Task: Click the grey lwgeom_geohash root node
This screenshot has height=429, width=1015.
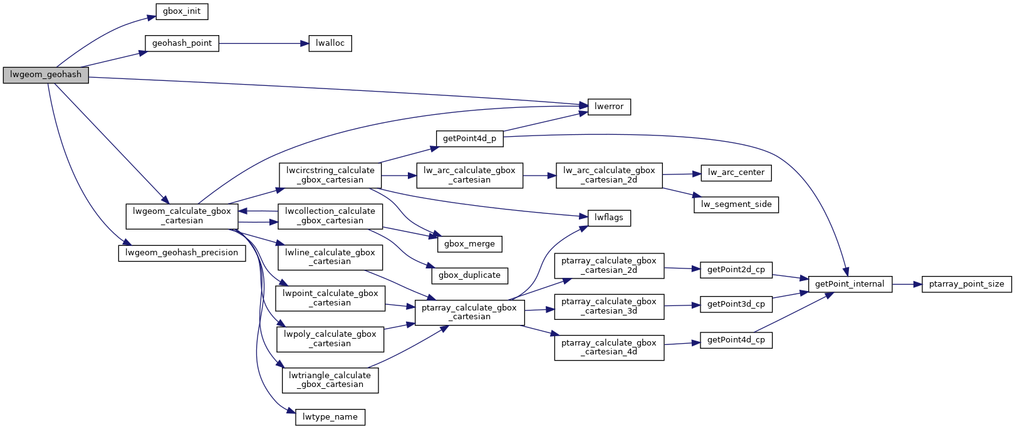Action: (x=46, y=75)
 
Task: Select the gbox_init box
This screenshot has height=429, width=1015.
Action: (x=182, y=11)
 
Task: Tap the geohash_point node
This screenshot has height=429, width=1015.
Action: (x=182, y=43)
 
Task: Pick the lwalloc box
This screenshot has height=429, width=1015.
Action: (x=330, y=43)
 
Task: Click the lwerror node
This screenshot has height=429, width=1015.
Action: (x=608, y=107)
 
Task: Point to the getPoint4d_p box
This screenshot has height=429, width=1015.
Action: (x=469, y=139)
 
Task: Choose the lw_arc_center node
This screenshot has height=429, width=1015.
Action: (x=736, y=172)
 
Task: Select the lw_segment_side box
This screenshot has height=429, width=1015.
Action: (x=736, y=204)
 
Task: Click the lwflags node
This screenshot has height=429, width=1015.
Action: (x=608, y=218)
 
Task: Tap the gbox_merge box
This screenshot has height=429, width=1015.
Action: (x=469, y=244)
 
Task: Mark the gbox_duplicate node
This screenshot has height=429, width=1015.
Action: (x=469, y=275)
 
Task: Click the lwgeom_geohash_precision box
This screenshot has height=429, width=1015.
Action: (x=182, y=253)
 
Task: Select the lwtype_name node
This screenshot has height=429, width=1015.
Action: (x=330, y=417)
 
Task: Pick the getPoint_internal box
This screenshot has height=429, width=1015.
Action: (x=850, y=284)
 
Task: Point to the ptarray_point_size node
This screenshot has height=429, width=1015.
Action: (x=966, y=284)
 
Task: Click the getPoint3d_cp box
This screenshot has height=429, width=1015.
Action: (x=736, y=304)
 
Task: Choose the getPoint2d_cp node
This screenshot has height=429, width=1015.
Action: (x=736, y=270)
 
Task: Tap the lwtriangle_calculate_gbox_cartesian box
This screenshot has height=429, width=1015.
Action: (x=330, y=380)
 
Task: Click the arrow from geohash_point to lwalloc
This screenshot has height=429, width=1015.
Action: (x=263, y=43)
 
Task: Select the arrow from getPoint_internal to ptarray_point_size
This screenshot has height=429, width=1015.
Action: (x=907, y=284)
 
